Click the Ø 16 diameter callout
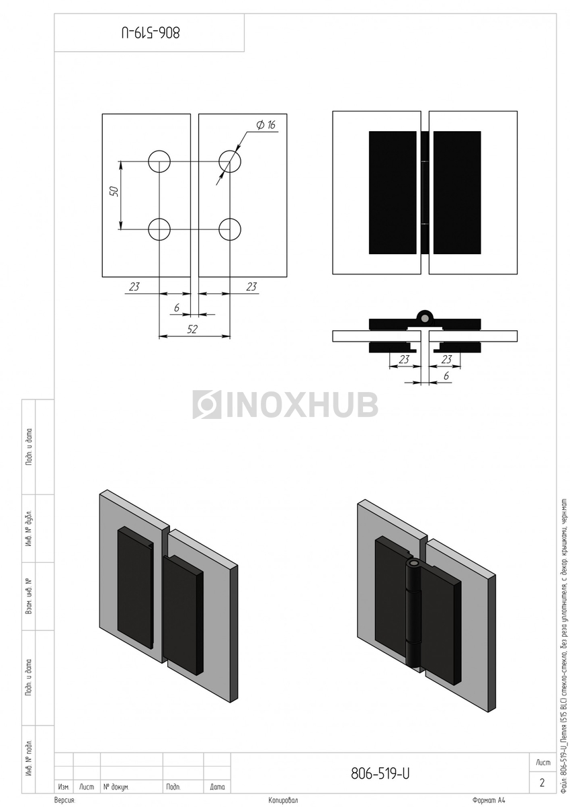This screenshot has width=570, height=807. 266,125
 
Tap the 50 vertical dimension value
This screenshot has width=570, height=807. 114,191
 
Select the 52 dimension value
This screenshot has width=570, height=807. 193,328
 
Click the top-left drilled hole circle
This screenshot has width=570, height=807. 159,161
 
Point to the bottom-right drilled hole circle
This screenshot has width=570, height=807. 230,229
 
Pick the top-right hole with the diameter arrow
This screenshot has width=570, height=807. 230,161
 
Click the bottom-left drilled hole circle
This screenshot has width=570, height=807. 159,229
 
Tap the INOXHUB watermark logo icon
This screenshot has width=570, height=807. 206,404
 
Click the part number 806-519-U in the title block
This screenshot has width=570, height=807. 380,774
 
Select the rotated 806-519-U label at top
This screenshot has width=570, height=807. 151,32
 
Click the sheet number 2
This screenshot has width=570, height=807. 542,783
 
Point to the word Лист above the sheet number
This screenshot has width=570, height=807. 542,763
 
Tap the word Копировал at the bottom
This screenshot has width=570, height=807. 282,801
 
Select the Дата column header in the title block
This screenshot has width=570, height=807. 217,786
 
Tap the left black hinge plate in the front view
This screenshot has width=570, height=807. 393,192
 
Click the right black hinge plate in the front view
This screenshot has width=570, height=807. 457,192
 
